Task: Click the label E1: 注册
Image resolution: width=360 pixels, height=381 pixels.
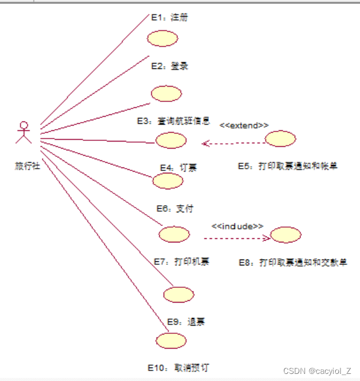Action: pos(170,18)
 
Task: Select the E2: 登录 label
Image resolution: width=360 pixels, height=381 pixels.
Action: pos(169,66)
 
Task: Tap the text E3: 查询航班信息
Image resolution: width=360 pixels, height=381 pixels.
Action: pos(174,121)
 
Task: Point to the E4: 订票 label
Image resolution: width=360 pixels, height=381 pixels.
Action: pos(178,168)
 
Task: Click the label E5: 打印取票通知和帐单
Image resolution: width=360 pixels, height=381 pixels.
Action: pos(288,167)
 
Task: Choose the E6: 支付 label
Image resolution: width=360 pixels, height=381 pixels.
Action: pos(175,208)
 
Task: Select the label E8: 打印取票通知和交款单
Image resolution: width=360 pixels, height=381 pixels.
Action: pos(293,262)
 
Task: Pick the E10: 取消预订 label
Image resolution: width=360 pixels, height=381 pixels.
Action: pos(178,367)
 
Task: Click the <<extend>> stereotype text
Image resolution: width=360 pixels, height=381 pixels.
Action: pos(244,126)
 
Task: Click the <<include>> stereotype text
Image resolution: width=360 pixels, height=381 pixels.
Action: pos(238,226)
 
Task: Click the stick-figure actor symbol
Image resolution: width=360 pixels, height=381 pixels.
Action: pos(23,133)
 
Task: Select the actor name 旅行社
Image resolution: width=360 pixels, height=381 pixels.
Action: pos(27,166)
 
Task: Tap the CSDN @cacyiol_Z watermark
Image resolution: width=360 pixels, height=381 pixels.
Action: pos(317,371)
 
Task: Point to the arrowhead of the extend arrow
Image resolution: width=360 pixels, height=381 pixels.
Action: pos(204,143)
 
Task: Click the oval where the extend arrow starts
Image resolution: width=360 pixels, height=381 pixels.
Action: pos(280,139)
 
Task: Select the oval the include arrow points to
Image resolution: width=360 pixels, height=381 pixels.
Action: pos(285,235)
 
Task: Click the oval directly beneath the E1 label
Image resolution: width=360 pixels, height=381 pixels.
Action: pos(162,38)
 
